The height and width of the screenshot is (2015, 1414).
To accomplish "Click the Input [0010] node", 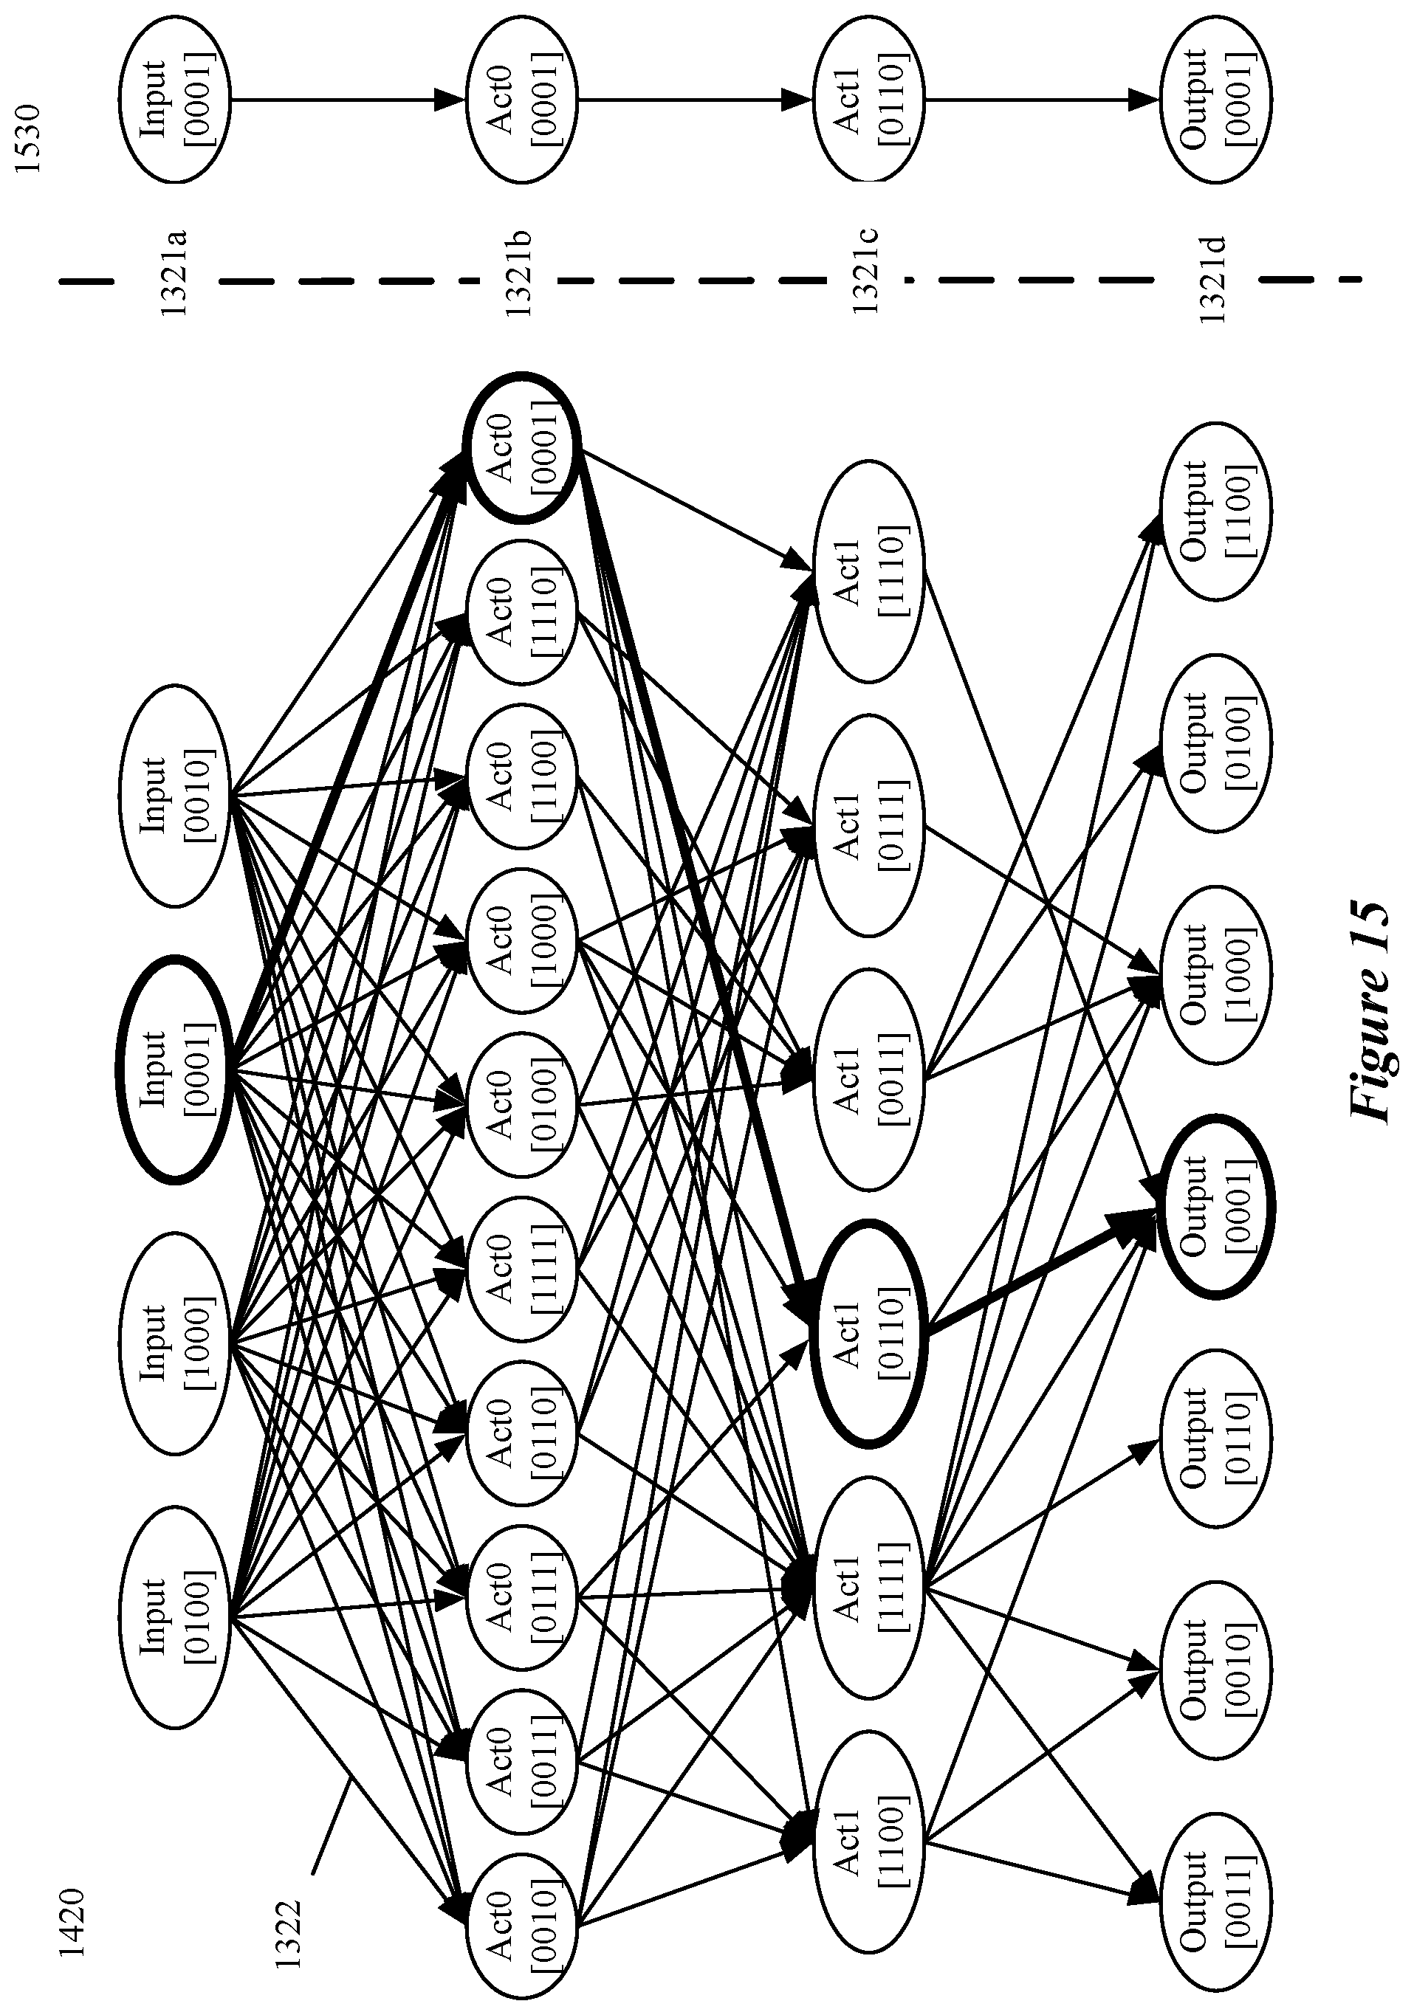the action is [174, 795].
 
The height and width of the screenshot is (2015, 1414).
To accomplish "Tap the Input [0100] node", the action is [174, 1616].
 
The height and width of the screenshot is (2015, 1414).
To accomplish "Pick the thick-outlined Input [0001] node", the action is [174, 1069].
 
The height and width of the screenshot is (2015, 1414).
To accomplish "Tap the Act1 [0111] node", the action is [869, 825].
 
